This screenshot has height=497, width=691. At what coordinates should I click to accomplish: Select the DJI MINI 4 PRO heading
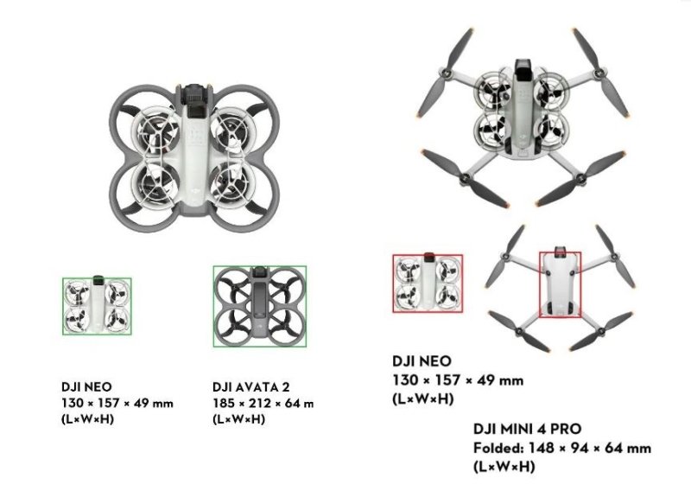pos(527,430)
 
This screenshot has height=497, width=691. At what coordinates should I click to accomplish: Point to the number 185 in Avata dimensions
pos(224,403)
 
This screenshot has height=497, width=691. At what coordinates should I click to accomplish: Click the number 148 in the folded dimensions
pos(540,448)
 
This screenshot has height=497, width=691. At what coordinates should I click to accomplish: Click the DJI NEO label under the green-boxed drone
pos(86,386)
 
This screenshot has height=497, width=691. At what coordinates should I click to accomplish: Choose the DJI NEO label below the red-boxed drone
pos(422,361)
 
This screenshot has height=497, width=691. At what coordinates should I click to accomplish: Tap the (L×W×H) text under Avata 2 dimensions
pos(238,419)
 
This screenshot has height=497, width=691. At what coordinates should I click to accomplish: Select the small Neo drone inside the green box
pos(97,305)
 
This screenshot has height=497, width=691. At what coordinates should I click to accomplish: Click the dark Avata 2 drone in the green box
pos(260,305)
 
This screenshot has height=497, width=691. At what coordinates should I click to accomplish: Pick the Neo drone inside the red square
pos(428,284)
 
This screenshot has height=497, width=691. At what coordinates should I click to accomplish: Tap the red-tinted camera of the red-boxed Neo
pos(428,258)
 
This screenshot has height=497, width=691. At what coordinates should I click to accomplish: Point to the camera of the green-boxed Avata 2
pos(260,275)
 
